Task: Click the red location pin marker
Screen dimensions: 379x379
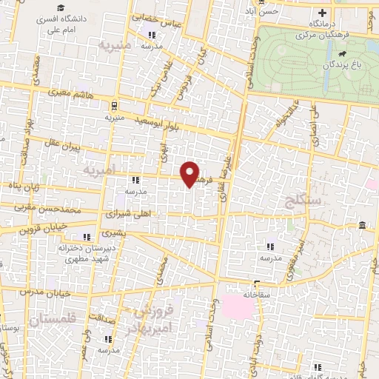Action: pyautogui.click(x=191, y=174)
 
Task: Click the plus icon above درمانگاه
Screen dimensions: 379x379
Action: pyautogui.click(x=322, y=13)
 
